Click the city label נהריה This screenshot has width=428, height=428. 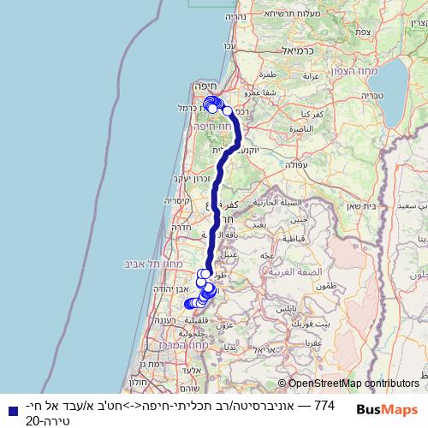[235, 16]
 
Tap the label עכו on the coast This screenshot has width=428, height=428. [229, 45]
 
